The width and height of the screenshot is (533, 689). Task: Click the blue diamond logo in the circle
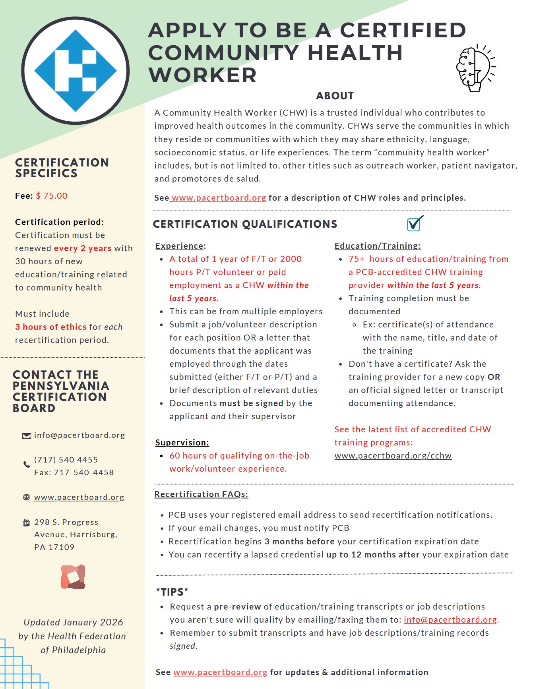tap(76, 71)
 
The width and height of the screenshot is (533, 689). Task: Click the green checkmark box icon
tap(415, 224)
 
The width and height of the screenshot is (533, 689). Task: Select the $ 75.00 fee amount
tap(52, 195)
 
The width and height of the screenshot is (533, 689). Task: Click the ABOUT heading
tap(335, 96)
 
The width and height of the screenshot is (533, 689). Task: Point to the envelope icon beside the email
tap(27, 436)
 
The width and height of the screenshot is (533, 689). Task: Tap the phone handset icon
tap(27, 464)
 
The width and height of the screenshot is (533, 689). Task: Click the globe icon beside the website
tap(27, 497)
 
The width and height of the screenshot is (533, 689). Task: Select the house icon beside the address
tap(27, 523)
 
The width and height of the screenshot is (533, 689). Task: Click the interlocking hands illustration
tap(73, 577)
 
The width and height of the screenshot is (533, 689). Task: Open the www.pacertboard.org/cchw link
tap(393, 456)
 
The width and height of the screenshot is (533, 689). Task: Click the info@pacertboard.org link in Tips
tap(450, 620)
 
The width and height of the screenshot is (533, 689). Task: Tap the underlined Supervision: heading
tap(182, 443)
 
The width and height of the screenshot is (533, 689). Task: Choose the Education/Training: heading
tap(377, 246)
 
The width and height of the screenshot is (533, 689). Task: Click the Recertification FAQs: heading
tap(201, 494)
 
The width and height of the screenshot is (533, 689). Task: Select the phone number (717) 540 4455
tap(66, 460)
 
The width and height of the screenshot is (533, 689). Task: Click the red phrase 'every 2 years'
tap(83, 248)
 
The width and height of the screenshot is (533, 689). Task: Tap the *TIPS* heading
tap(172, 592)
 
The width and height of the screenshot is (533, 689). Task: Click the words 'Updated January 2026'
tap(73, 622)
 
